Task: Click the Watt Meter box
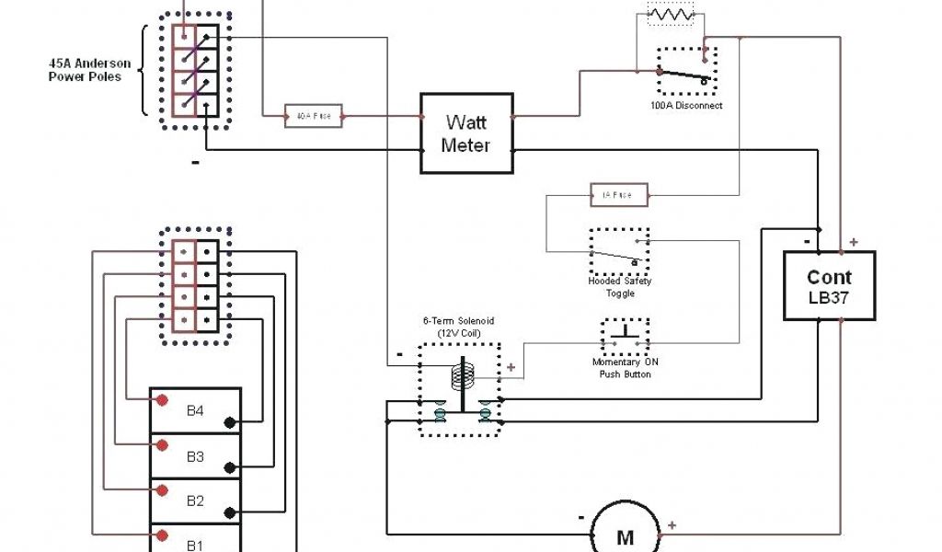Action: click(466, 132)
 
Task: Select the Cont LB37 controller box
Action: click(829, 285)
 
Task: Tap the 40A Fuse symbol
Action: click(315, 116)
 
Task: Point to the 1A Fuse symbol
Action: click(618, 194)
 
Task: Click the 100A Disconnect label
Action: click(685, 106)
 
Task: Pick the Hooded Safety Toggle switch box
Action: click(619, 251)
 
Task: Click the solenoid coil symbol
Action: click(461, 375)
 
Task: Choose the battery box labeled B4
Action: click(195, 410)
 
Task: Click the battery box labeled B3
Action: click(195, 456)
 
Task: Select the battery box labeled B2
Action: click(195, 501)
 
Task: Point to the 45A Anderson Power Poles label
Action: click(89, 71)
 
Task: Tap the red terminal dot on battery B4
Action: click(162, 400)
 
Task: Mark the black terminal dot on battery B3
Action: click(228, 469)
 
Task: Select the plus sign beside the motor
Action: click(672, 524)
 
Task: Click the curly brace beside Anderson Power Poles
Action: click(144, 71)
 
